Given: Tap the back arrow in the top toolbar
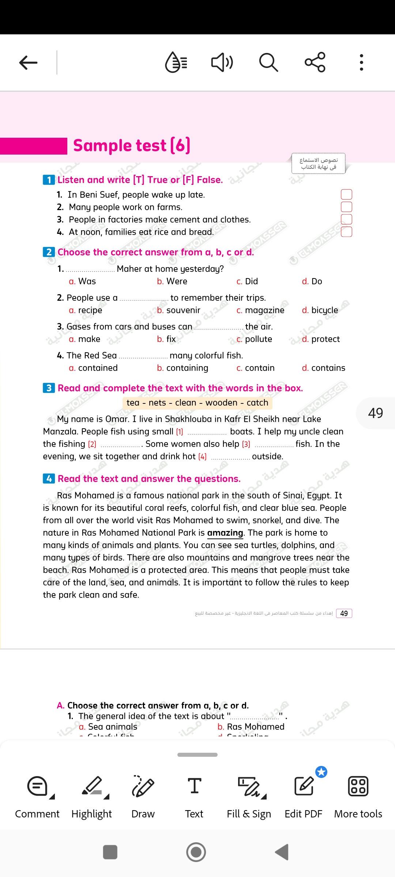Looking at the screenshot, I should (28, 62).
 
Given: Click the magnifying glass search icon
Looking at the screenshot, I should (268, 62).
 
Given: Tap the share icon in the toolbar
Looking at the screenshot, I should (315, 62).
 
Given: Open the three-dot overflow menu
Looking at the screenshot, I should (361, 62).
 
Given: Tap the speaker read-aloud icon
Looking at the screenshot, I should (222, 62).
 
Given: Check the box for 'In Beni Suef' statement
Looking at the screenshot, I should (346, 194).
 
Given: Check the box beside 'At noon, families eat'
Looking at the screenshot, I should (346, 232).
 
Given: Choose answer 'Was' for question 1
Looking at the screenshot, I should (87, 281).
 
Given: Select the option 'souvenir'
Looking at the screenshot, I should (183, 310).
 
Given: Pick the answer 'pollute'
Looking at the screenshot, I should (258, 339).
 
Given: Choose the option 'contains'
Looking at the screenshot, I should (328, 368).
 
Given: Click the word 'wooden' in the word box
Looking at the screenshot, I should (221, 403).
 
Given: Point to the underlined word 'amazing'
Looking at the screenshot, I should (225, 533).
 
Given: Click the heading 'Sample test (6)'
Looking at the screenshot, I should (132, 145).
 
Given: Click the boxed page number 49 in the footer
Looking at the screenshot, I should (344, 613).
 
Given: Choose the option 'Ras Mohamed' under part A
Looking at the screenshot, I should (255, 727).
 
